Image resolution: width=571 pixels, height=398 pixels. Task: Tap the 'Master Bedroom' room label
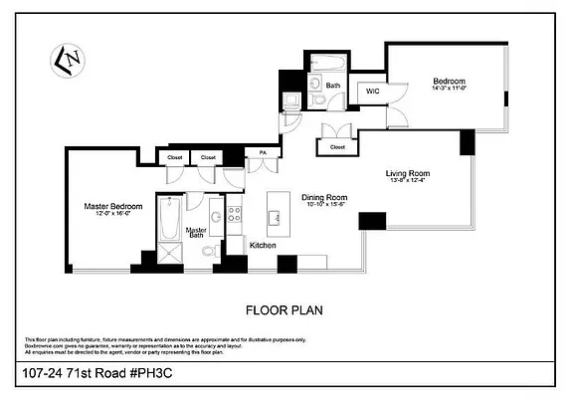[112, 207]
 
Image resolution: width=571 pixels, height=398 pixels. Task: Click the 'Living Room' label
[406, 173]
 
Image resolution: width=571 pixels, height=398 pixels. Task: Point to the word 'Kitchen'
[263, 245]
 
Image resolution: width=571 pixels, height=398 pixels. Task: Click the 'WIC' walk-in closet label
[372, 92]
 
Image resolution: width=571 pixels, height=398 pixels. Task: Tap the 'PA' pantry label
[263, 152]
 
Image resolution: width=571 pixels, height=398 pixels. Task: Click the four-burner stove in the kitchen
[235, 217]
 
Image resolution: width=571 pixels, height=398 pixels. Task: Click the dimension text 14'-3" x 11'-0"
[449, 90]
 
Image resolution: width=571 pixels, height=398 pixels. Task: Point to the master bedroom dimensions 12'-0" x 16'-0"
[112, 215]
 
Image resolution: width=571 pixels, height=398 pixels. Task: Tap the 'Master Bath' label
[197, 233]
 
